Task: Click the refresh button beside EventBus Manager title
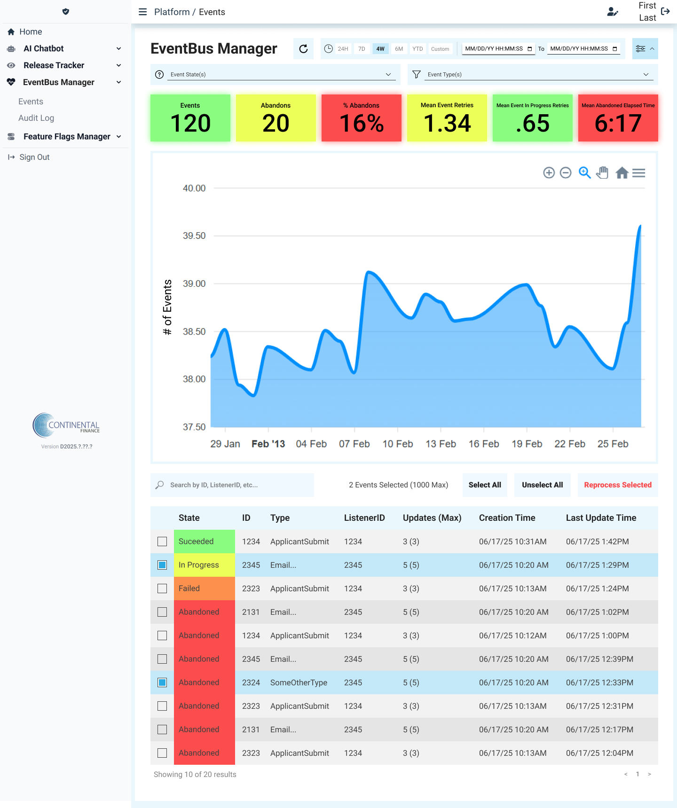click(303, 49)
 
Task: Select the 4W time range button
click(380, 49)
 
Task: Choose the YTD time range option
click(417, 49)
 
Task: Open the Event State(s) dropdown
click(276, 74)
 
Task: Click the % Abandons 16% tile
click(362, 118)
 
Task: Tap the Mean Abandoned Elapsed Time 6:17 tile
click(618, 118)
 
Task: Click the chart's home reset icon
click(622, 173)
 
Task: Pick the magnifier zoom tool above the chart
click(584, 173)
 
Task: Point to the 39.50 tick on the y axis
click(194, 236)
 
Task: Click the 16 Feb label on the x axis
click(484, 444)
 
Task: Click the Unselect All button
click(543, 485)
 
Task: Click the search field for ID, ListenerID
click(232, 485)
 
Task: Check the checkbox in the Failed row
click(162, 588)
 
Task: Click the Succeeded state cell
click(205, 541)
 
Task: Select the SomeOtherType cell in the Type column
click(299, 682)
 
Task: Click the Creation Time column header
click(507, 518)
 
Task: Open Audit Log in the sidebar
click(36, 118)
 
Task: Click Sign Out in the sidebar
click(34, 157)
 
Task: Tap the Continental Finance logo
click(66, 425)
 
